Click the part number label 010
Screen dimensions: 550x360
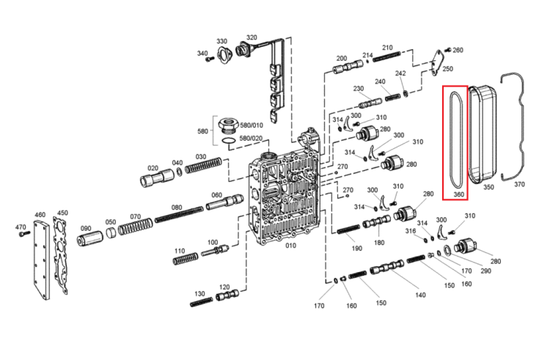(290, 246)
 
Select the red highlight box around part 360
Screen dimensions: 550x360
(443, 143)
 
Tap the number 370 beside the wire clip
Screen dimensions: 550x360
(519, 184)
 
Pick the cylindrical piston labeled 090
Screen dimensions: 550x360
(89, 239)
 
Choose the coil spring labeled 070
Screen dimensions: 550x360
(136, 227)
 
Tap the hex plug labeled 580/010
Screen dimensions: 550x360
(228, 125)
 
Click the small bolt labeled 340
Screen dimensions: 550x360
(210, 59)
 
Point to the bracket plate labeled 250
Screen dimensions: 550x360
(436, 62)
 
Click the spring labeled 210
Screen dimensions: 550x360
(386, 56)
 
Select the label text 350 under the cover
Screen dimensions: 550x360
(488, 187)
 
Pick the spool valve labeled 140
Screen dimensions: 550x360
(387, 267)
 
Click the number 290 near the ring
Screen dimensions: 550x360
(485, 271)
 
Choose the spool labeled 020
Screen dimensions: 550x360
(157, 177)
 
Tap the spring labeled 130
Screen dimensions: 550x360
(202, 302)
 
